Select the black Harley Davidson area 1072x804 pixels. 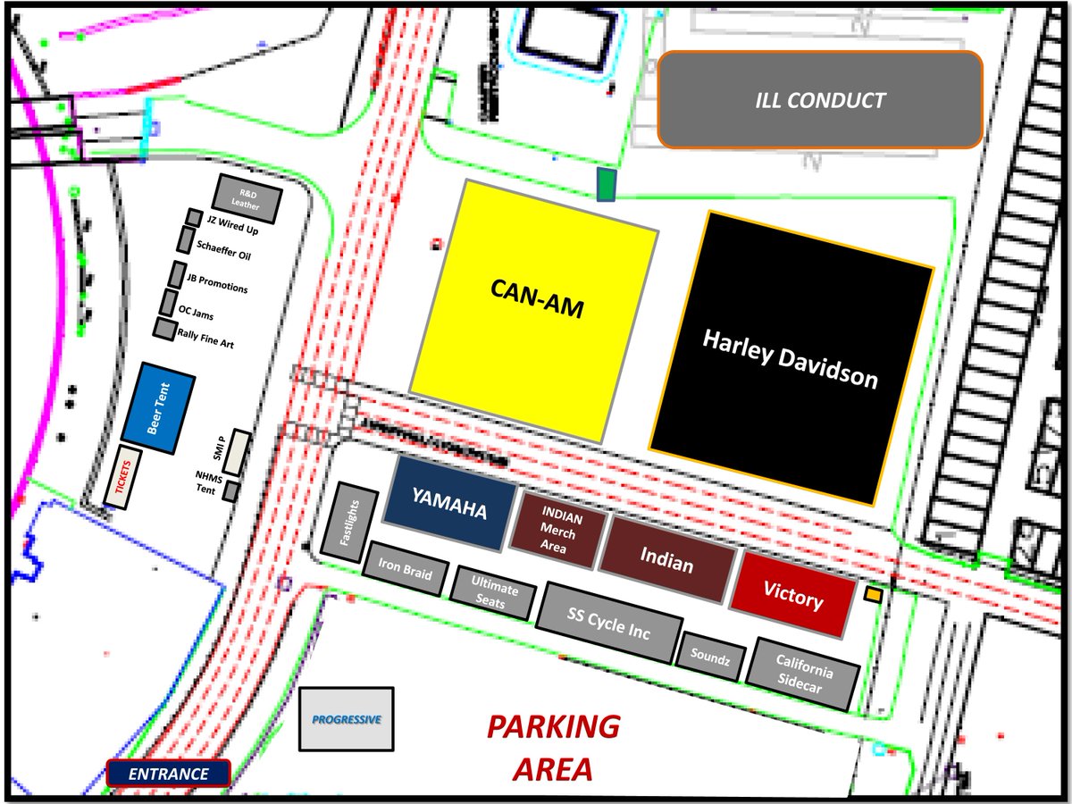tap(791, 357)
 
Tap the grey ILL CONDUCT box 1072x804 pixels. tap(819, 99)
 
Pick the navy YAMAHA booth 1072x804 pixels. tap(449, 505)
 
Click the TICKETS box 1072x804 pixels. tap(123, 478)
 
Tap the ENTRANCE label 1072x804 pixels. tap(169, 774)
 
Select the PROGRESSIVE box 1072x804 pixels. tap(346, 719)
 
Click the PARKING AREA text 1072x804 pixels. tap(553, 746)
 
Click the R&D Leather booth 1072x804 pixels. tap(247, 199)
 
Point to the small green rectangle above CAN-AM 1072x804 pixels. tap(607, 185)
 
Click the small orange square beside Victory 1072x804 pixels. tap(874, 594)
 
